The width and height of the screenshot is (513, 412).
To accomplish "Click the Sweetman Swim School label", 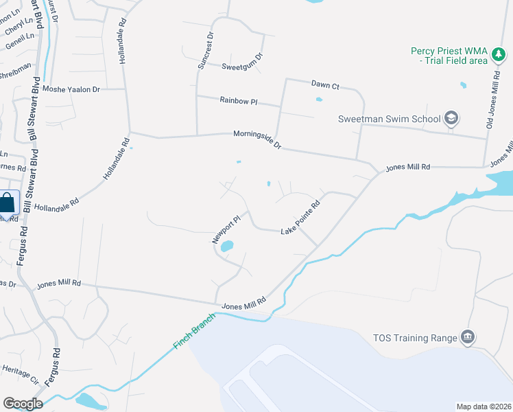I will tap(389, 119).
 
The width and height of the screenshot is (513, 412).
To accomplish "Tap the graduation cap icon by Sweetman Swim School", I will tap(451, 119).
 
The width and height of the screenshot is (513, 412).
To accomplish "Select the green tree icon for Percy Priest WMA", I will tap(499, 56).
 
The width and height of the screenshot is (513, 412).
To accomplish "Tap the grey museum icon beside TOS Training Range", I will tap(468, 336).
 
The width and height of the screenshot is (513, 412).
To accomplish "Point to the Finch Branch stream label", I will tap(195, 331).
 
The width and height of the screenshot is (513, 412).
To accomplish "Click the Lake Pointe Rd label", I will tap(300, 218).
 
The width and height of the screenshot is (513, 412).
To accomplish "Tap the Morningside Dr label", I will tap(257, 140).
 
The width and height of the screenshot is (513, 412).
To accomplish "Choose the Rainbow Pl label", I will tap(238, 100).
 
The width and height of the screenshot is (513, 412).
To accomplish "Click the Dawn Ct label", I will tap(325, 85).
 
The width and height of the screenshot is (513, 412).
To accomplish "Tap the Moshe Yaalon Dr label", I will tap(71, 89).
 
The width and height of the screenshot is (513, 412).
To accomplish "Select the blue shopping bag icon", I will tap(7, 203).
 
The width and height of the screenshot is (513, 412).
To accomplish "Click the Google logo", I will tap(23, 404).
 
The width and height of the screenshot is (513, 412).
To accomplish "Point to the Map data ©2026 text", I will tap(484, 407).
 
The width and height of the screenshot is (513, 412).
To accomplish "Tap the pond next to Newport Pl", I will tap(227, 246).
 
